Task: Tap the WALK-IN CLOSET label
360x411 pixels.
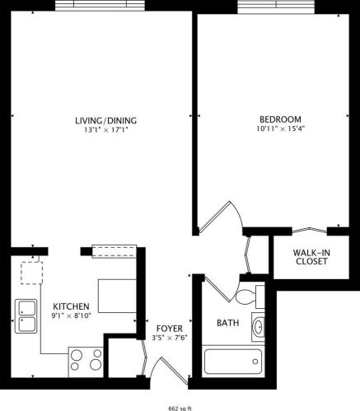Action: coord(311,256)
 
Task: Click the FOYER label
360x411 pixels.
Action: coord(169,325)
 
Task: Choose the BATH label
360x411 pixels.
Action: coord(228,323)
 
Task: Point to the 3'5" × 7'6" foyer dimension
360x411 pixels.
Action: coord(169,336)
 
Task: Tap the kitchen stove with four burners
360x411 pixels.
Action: coord(86,361)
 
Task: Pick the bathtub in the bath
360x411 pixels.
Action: coord(232,362)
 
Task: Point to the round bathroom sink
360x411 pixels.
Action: coord(258,328)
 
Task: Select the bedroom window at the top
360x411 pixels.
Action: coord(277,6)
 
